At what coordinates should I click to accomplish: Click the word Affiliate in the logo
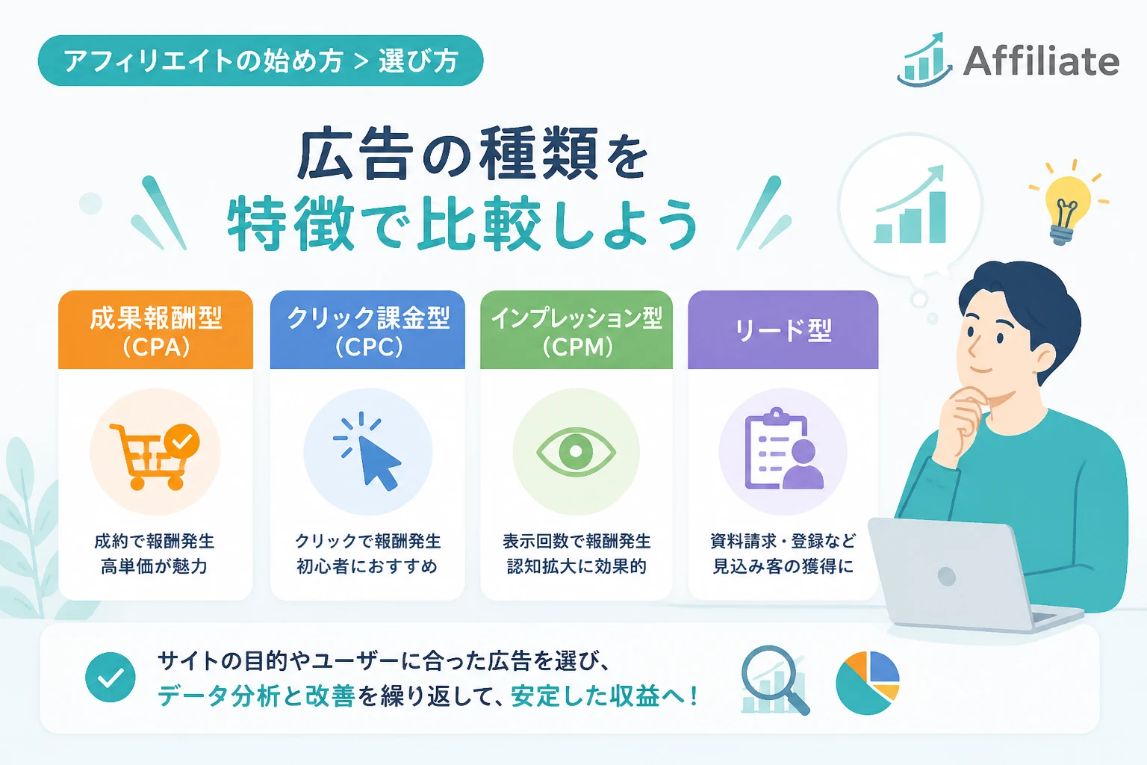[1041, 61]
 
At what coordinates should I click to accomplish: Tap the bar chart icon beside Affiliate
[924, 60]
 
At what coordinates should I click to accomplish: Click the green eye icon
[576, 451]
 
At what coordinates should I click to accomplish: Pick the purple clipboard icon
[784, 450]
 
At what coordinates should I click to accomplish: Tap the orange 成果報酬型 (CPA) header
[155, 330]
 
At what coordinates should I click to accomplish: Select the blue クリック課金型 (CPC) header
[367, 330]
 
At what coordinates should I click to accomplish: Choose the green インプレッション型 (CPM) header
[576, 330]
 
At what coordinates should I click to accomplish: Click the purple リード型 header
[783, 330]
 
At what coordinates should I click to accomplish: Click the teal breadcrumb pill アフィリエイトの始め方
[261, 61]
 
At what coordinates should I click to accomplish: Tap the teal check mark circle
[111, 677]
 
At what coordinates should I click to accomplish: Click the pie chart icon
[868, 683]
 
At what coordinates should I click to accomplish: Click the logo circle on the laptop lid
[946, 577]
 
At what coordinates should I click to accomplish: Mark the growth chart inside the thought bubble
[910, 204]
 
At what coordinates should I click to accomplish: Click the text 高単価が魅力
[154, 567]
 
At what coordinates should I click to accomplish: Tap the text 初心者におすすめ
[367, 567]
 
